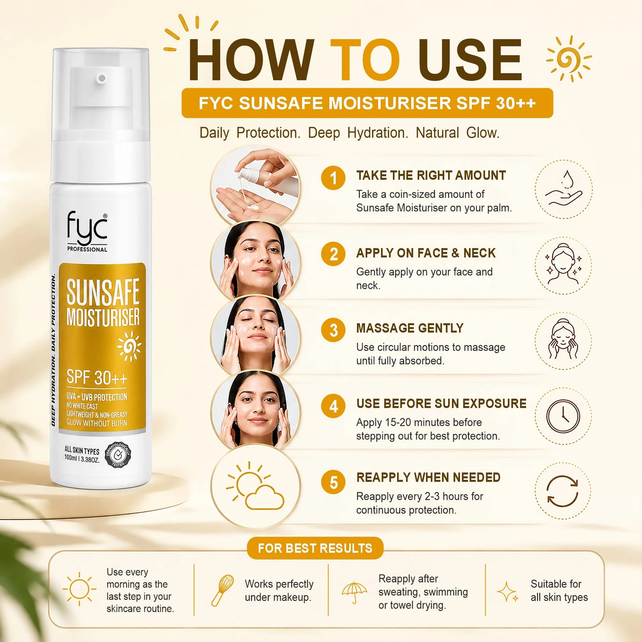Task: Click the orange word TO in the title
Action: click(365, 60)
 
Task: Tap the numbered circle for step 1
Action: click(333, 178)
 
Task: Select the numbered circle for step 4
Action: click(333, 406)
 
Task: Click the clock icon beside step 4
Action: click(563, 416)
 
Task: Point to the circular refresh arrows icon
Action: click(563, 491)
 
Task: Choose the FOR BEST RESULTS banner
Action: click(315, 548)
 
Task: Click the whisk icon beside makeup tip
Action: click(222, 590)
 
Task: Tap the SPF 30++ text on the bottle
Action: click(97, 377)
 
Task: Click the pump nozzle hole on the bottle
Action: click(102, 78)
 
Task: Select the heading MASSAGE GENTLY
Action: click(410, 328)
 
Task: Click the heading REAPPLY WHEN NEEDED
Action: click(428, 477)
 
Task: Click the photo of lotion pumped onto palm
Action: click(255, 185)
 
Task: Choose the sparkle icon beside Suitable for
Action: click(507, 592)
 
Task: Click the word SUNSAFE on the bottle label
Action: click(103, 292)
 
